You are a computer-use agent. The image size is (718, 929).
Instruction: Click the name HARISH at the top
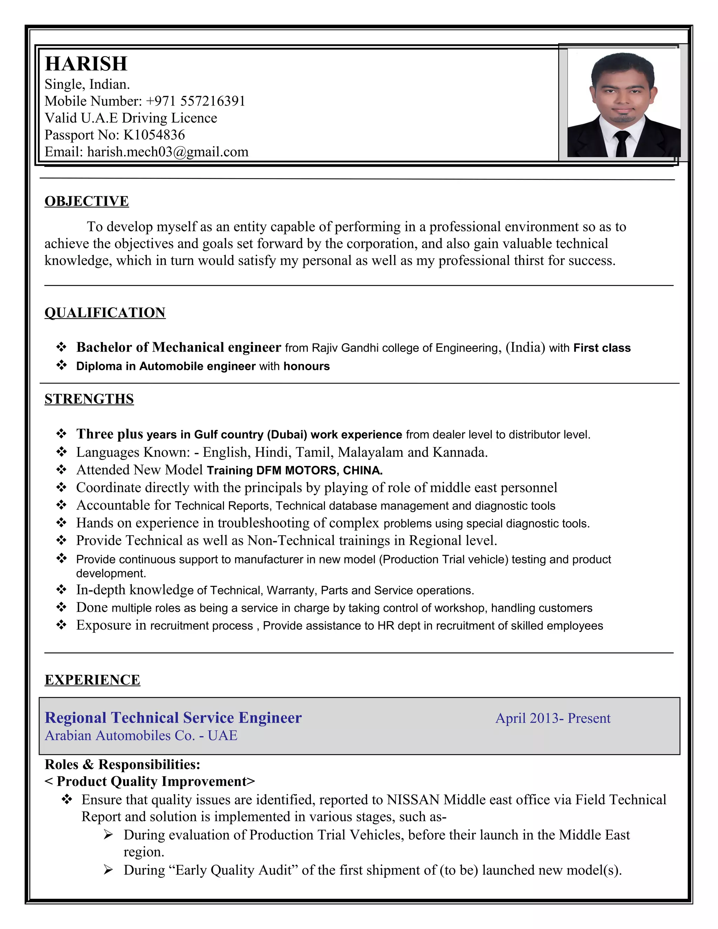[x=86, y=64]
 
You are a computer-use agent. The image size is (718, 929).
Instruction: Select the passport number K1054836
[x=154, y=135]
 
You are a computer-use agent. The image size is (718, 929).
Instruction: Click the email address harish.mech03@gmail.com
[x=168, y=152]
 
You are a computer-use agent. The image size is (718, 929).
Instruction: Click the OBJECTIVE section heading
[x=86, y=201]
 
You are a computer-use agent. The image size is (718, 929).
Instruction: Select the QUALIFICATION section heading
[x=104, y=313]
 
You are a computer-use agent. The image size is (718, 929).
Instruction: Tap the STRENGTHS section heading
[x=89, y=399]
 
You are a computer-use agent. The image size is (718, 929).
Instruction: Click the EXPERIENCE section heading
[x=92, y=680]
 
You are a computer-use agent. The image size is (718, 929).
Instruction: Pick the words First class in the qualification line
[x=602, y=348]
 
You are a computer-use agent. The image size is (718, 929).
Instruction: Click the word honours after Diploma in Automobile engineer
[x=306, y=366]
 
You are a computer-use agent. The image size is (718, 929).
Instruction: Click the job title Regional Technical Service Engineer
[x=173, y=718]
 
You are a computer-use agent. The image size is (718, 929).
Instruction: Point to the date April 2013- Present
[x=553, y=718]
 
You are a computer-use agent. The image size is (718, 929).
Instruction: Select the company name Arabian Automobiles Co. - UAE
[x=141, y=735]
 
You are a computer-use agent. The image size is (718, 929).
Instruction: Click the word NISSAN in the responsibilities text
[x=413, y=800]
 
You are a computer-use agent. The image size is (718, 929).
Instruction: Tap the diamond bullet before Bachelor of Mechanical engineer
[x=61, y=347]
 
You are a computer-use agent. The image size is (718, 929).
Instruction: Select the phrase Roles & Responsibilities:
[x=122, y=764]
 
